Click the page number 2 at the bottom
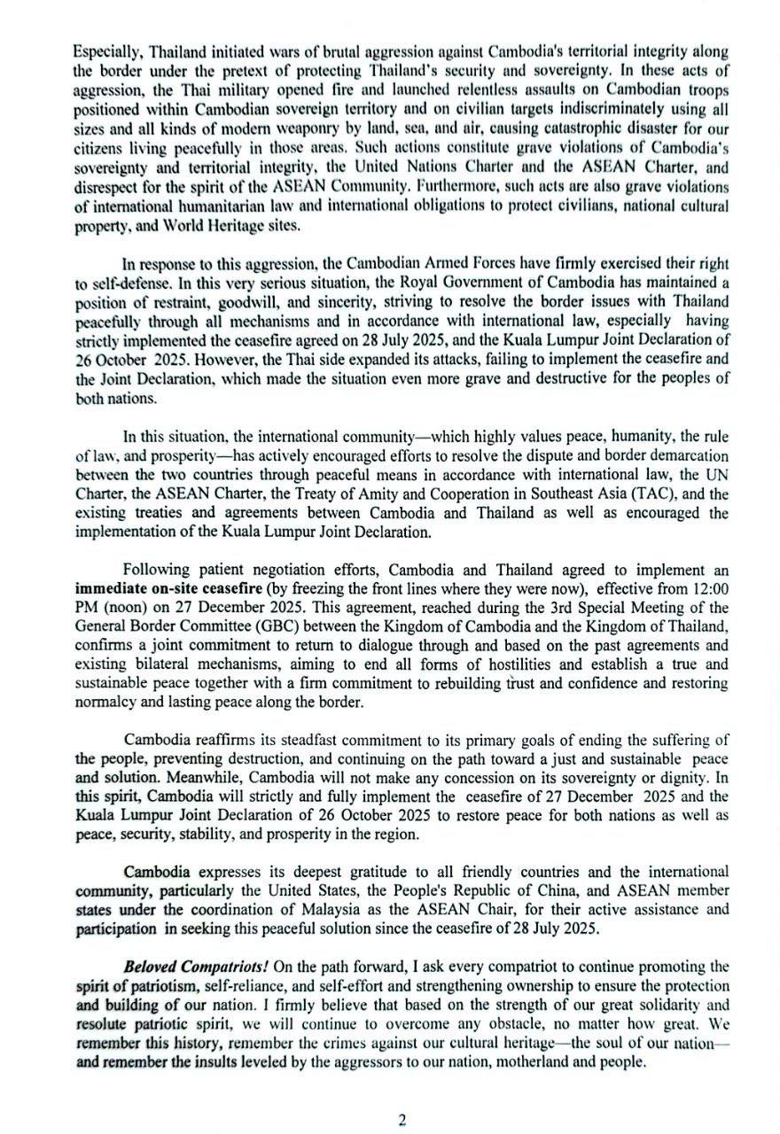(x=401, y=1120)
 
